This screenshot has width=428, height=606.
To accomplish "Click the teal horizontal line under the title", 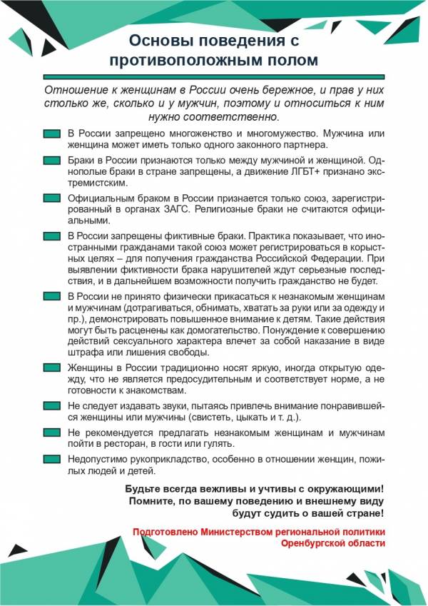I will pos(213,76).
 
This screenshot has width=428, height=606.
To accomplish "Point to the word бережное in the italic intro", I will pos(275,91).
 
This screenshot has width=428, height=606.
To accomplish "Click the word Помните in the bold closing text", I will pos(152,501).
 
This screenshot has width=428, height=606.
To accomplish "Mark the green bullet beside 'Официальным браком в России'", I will pos(51,198).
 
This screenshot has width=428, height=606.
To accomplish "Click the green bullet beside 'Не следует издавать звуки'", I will pos(51,405).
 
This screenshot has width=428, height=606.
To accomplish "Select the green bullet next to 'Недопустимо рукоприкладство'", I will pos(51,460).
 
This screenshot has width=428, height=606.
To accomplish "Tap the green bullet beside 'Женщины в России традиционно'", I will pos(51,367).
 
